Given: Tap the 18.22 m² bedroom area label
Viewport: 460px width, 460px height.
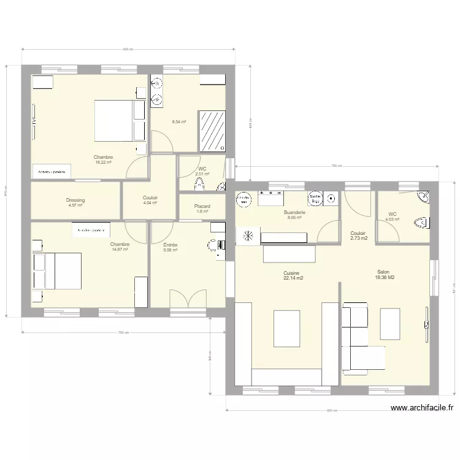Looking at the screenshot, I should click(x=103, y=160).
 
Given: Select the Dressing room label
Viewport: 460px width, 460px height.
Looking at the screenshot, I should click(x=75, y=202).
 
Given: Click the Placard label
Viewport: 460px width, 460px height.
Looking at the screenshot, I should click(x=202, y=209).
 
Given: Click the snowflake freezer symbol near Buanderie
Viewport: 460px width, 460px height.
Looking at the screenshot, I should click(x=248, y=236).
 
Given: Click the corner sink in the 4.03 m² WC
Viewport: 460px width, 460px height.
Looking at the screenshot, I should click(x=423, y=197).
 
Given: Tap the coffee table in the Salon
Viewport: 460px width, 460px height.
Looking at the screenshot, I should click(x=389, y=323).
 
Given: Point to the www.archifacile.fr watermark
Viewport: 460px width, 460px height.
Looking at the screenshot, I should click(x=423, y=407).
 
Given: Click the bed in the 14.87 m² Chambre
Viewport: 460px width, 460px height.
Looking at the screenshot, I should click(x=58, y=270).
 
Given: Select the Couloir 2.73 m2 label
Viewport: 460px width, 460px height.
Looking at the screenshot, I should click(x=359, y=236).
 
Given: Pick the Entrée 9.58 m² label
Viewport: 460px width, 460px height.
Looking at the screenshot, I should click(x=170, y=247).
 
